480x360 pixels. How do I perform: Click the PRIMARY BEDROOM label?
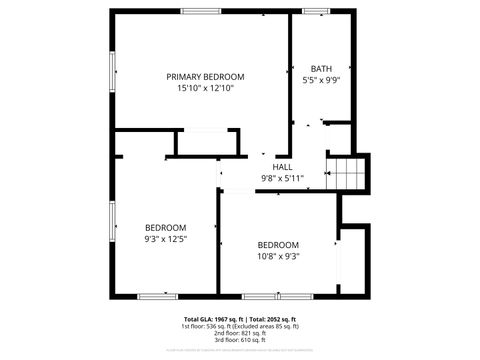pos(205,77)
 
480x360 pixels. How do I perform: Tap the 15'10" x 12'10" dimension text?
pos(205,89)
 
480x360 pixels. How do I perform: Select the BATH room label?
pos(321,69)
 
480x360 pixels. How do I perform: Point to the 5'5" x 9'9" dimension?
pos(321,80)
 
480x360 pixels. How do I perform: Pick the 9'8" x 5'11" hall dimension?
pos(283,178)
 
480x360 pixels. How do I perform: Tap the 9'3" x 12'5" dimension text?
pos(166,239)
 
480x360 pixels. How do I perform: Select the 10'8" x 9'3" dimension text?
pos(278,256)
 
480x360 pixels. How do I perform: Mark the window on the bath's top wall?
pos(316,11)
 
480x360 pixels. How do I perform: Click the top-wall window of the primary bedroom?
pos(201,11)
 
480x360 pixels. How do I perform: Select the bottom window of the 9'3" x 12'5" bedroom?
pos(158,296)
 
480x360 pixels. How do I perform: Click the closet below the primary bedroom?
pos(207,142)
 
